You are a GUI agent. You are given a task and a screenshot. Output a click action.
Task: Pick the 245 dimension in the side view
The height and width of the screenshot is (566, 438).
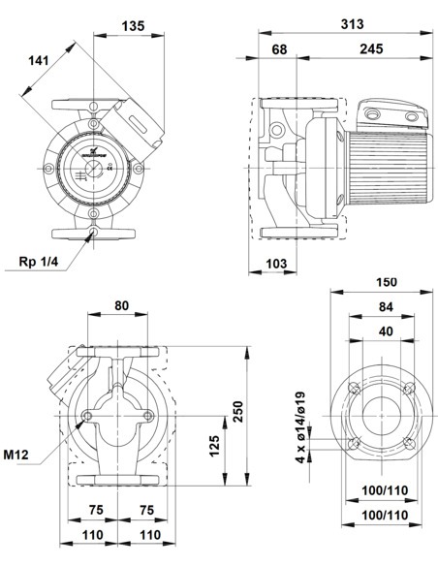(369, 48)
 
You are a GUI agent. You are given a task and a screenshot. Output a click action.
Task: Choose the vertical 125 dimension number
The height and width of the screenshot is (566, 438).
(214, 446)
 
